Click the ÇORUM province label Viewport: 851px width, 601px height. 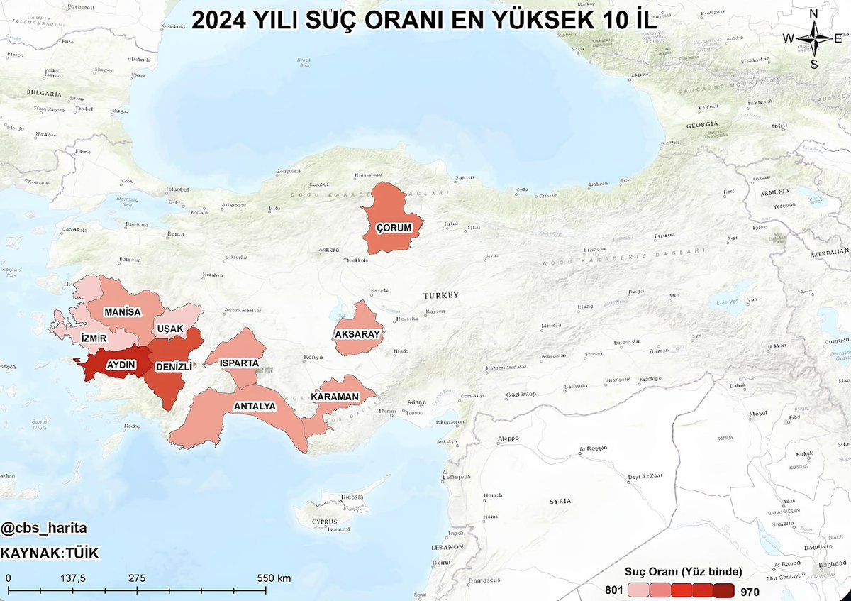(x=394, y=227)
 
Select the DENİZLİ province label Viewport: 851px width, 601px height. (x=172, y=368)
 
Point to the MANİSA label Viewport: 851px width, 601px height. (x=122, y=312)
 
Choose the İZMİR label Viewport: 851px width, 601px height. (x=94, y=338)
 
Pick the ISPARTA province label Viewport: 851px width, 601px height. (x=239, y=363)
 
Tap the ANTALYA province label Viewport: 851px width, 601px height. (x=255, y=407)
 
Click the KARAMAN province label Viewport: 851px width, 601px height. (x=335, y=397)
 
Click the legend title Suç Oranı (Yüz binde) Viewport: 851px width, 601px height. (x=683, y=571)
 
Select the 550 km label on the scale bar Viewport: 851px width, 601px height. (x=273, y=578)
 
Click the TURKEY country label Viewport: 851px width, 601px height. (x=441, y=295)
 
